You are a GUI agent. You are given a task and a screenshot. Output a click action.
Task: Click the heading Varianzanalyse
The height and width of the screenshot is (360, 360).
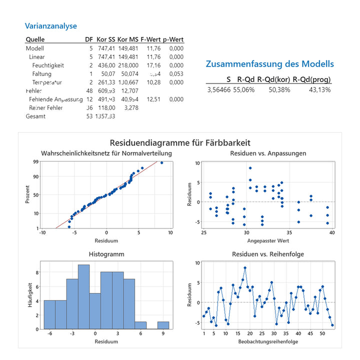[x=51, y=26]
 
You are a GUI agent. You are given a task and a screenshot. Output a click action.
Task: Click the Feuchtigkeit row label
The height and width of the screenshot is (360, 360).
[x=48, y=65]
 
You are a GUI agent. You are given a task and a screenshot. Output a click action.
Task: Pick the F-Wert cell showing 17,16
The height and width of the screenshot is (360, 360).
[x=153, y=65]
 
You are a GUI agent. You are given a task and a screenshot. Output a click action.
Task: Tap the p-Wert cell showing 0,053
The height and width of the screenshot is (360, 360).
[x=176, y=74]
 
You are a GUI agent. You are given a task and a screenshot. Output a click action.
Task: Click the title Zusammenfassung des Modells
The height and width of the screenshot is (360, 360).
[x=269, y=64]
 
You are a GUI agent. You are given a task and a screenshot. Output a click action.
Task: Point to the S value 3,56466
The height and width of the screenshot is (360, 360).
[x=219, y=90]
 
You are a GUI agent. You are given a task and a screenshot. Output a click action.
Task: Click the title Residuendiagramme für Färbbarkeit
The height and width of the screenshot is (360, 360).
[x=179, y=143]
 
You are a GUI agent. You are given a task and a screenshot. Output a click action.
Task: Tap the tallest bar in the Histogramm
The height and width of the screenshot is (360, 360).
[x=83, y=296]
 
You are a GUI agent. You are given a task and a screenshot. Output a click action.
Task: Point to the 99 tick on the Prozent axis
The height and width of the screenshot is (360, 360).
[x=36, y=162]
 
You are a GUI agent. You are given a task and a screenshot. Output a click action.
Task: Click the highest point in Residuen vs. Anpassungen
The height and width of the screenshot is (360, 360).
[x=250, y=168]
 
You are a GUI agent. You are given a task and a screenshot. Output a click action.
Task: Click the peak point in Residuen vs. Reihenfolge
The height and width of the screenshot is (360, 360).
[x=245, y=267]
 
